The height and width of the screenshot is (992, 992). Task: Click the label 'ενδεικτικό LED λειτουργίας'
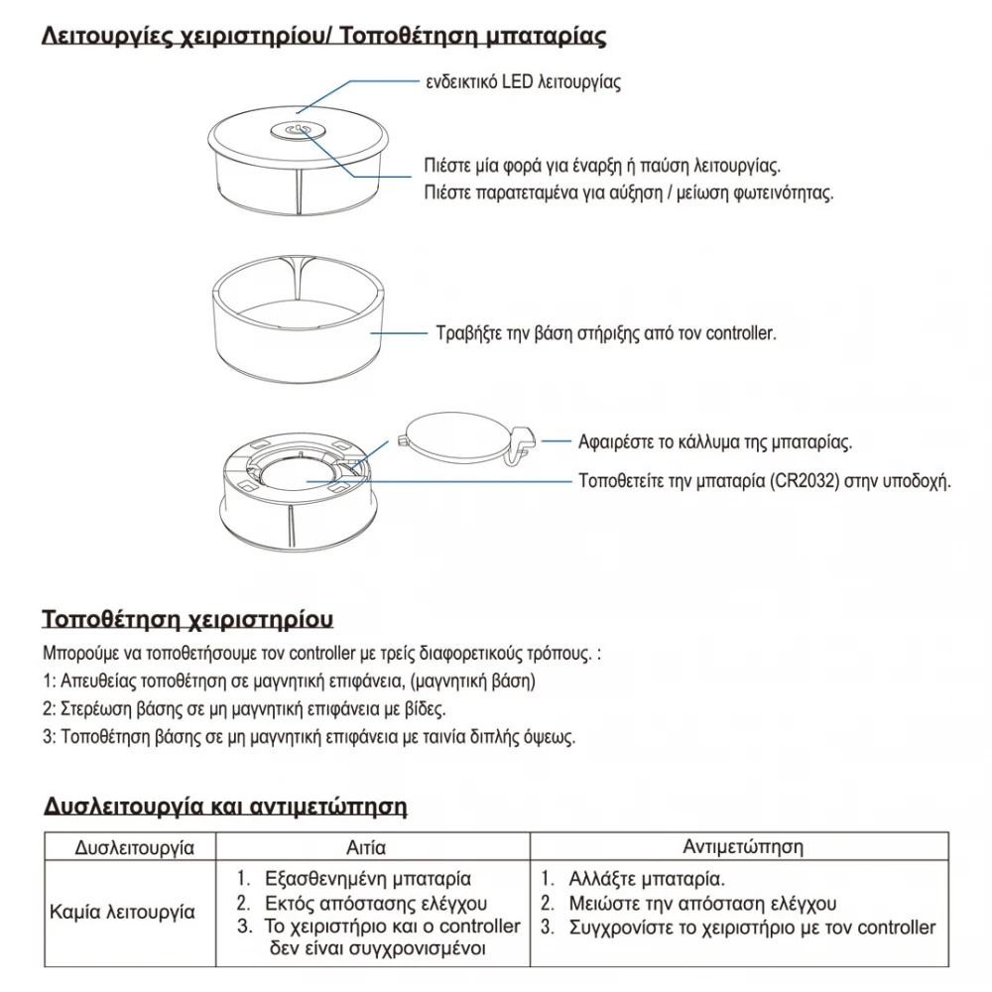tap(523, 82)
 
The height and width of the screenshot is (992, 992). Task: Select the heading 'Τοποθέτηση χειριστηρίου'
tap(187, 620)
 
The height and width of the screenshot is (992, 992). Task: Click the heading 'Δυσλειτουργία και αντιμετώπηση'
tap(226, 806)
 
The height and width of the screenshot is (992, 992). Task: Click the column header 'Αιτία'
tap(366, 848)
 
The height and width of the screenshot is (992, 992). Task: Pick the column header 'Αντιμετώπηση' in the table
tap(743, 847)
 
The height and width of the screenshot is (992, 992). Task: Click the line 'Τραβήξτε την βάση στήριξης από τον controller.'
tap(606, 333)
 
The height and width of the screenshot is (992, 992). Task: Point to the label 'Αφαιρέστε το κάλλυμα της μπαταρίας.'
tap(715, 441)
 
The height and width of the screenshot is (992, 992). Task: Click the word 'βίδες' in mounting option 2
tap(425, 710)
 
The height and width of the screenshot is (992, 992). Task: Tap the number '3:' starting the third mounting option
tap(50, 738)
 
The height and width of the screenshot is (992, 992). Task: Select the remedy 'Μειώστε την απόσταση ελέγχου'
tap(702, 904)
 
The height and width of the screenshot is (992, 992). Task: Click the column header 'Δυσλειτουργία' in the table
tap(133, 848)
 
